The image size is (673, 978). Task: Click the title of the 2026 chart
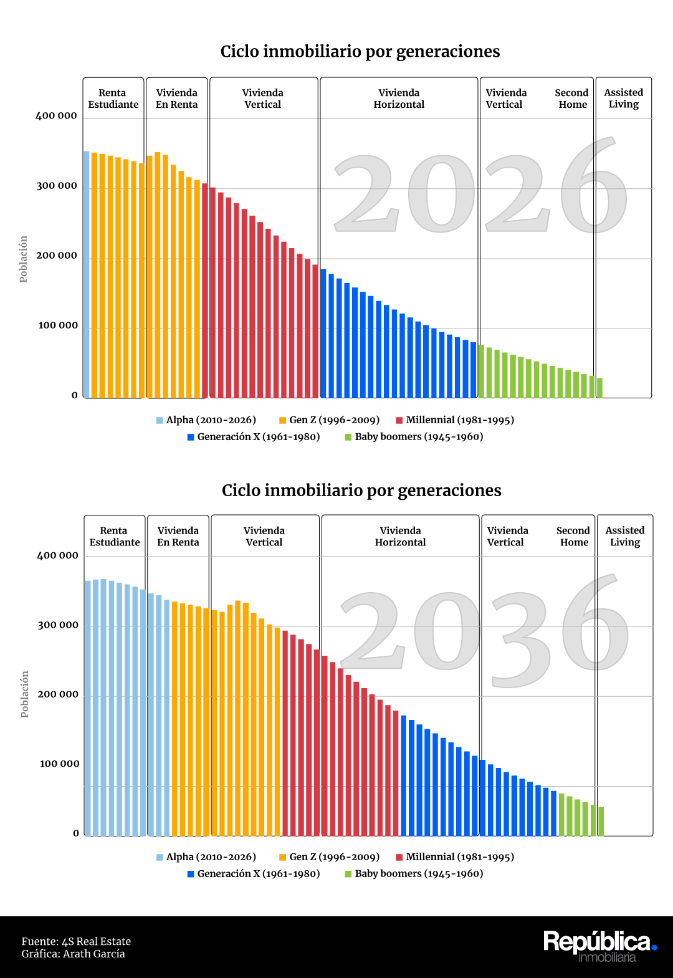coord(360,51)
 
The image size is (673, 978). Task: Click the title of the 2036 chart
coord(361,490)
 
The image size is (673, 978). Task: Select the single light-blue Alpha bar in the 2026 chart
coord(87,274)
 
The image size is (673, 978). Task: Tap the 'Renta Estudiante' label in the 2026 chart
coord(113,98)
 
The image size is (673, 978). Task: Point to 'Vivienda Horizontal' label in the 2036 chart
coord(400,536)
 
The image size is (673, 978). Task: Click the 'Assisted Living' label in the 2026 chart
coord(624,98)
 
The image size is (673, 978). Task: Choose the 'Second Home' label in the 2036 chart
coord(573,536)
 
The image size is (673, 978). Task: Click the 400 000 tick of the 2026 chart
coord(57,116)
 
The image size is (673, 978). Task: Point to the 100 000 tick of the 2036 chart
coord(60,764)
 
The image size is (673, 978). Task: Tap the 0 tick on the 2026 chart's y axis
coord(75,395)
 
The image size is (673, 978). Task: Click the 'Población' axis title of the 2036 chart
coord(25,694)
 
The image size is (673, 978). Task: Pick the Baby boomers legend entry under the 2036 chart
coord(414,874)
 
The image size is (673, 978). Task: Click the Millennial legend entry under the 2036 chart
coord(455,857)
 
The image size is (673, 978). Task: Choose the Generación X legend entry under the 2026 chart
coord(254,437)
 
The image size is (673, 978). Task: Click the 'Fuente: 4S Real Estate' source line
coord(76,941)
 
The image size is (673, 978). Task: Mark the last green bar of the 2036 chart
coord(601,821)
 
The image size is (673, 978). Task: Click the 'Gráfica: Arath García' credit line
coord(73,954)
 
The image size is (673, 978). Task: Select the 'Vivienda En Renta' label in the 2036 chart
coord(178,536)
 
